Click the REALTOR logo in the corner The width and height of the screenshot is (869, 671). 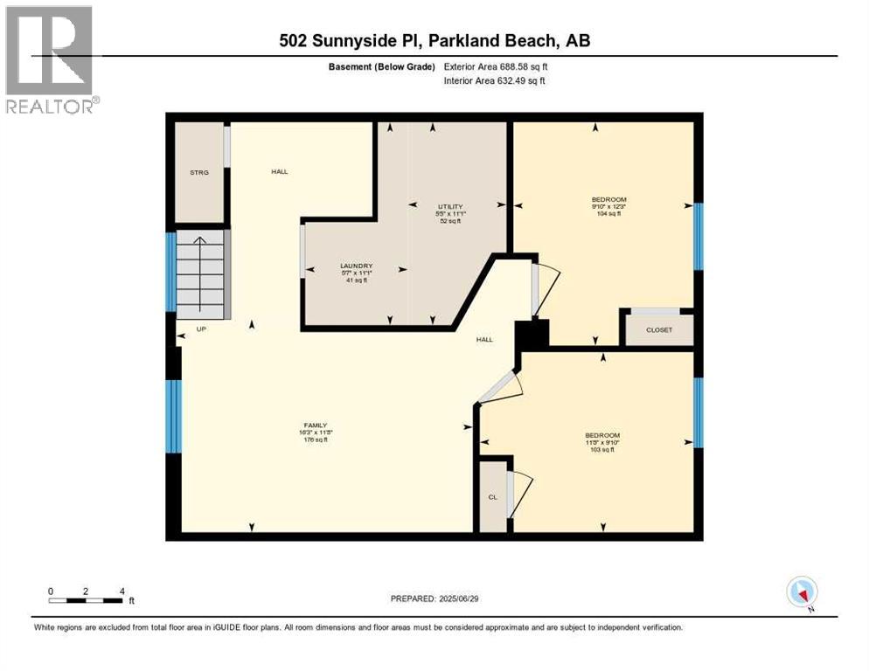click(51, 59)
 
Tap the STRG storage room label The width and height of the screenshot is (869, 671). click(199, 172)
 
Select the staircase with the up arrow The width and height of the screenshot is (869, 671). click(200, 275)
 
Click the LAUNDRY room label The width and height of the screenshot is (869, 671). click(357, 266)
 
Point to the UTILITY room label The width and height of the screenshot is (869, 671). click(449, 206)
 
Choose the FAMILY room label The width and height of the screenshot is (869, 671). click(315, 425)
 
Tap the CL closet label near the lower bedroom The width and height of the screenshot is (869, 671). click(492, 496)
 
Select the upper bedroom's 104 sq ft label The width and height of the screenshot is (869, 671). click(608, 213)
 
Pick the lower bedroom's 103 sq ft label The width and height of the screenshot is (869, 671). click(602, 449)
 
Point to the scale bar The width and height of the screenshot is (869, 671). click(86, 600)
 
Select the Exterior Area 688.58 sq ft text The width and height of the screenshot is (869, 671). click(496, 66)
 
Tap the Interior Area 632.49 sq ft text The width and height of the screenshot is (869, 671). click(495, 81)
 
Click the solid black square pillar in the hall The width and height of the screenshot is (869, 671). click(531, 335)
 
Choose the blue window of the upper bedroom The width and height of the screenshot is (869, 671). click(698, 236)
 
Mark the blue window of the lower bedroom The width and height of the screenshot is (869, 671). click(698, 412)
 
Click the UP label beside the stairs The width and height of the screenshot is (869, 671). click(200, 329)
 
